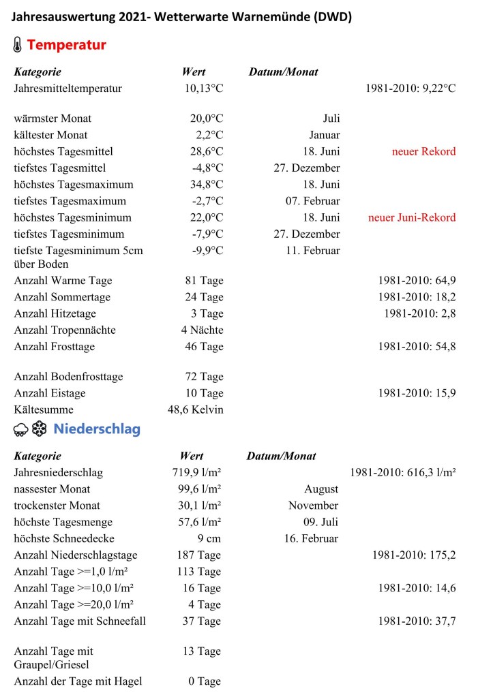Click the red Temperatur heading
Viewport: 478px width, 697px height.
tap(67, 46)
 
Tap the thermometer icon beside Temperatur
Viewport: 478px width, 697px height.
tap(18, 46)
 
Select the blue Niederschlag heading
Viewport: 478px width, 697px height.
tap(97, 429)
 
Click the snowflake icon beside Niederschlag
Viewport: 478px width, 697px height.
tap(39, 430)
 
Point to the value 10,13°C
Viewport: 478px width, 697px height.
tap(204, 89)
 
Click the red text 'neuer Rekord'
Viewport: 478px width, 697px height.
tap(423, 151)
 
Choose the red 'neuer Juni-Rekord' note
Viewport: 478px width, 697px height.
tap(412, 217)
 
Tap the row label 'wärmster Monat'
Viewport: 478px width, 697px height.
tap(53, 119)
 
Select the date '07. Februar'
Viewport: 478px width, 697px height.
tap(312, 201)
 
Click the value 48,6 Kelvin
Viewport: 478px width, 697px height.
tap(196, 409)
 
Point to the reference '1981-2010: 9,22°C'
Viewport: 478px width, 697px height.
tap(410, 89)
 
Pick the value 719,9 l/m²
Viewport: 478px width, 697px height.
tap(197, 473)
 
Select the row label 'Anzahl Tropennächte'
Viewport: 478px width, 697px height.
tap(65, 330)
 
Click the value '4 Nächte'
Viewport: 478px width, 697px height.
tap(198, 330)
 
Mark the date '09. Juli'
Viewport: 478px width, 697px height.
tap(320, 522)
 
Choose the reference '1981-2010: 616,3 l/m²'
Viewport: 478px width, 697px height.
tap(402, 473)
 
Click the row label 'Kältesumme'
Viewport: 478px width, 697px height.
tap(44, 409)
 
